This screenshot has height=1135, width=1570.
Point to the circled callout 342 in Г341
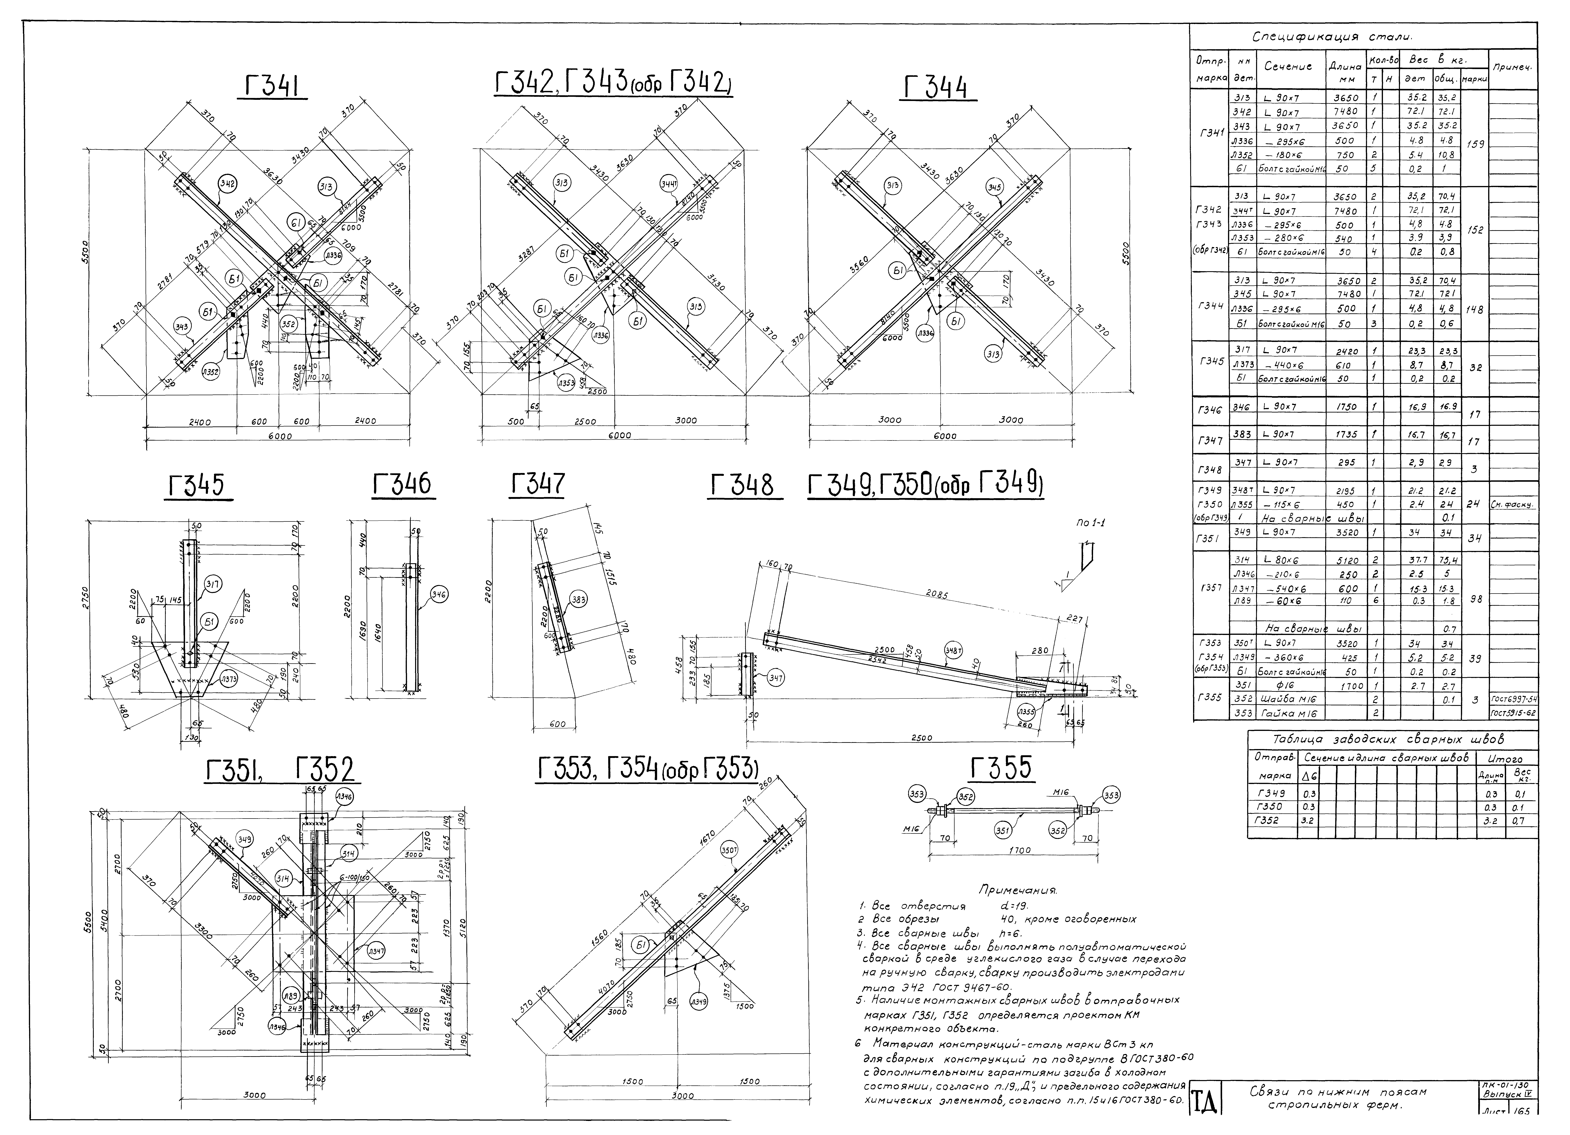click(227, 183)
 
